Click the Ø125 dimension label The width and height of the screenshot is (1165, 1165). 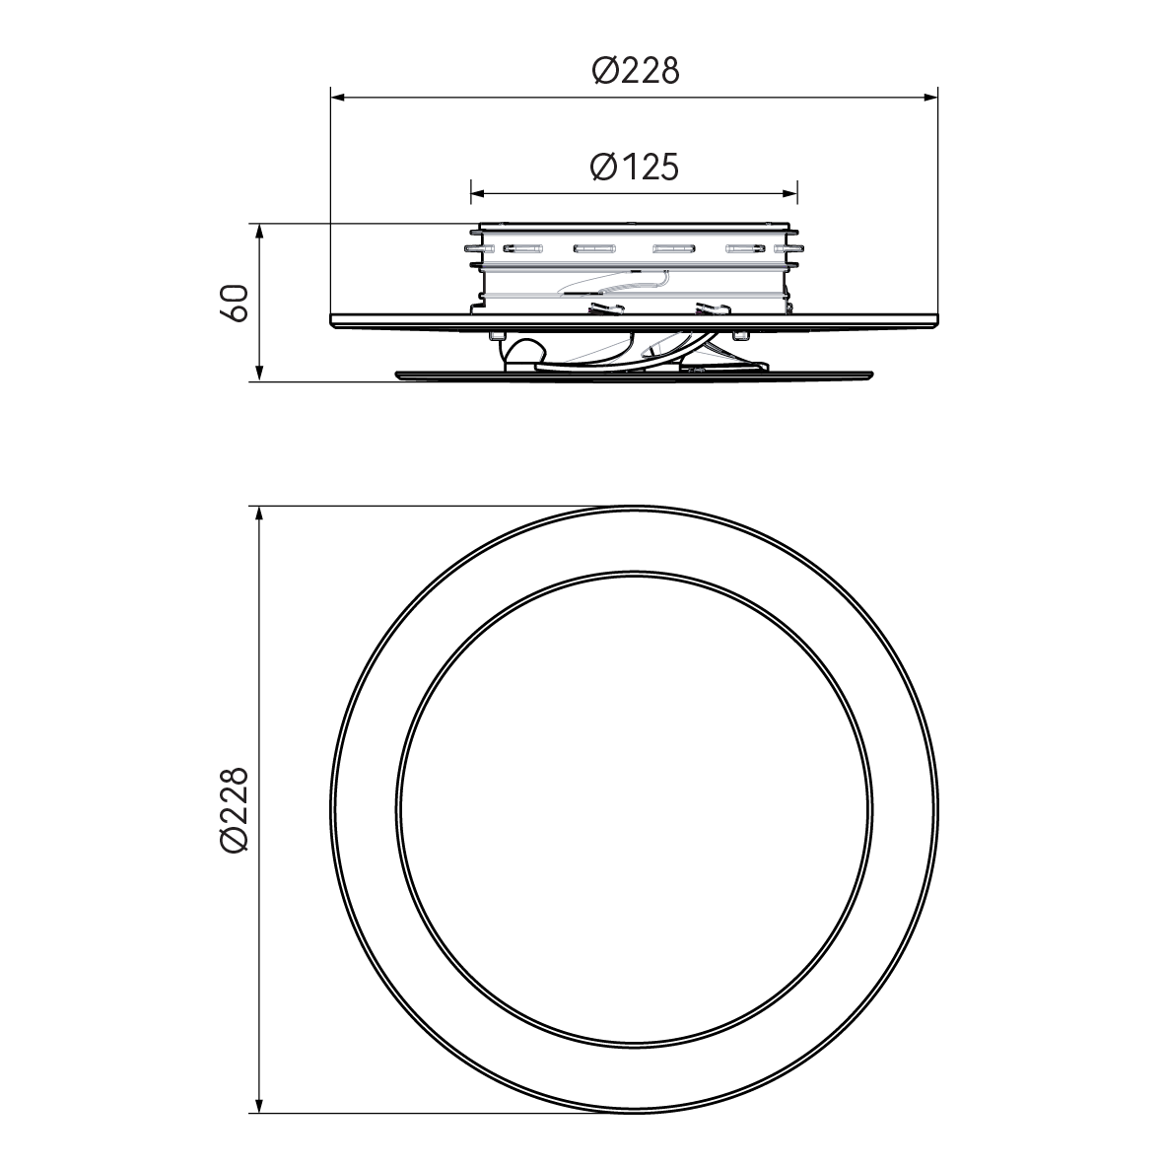(635, 168)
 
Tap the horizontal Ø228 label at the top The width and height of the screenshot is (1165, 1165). (636, 71)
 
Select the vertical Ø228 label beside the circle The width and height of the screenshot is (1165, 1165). (234, 810)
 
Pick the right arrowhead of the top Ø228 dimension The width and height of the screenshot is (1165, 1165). (929, 97)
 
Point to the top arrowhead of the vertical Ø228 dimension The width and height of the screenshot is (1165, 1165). (259, 515)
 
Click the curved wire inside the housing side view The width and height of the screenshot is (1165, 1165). (611, 287)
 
